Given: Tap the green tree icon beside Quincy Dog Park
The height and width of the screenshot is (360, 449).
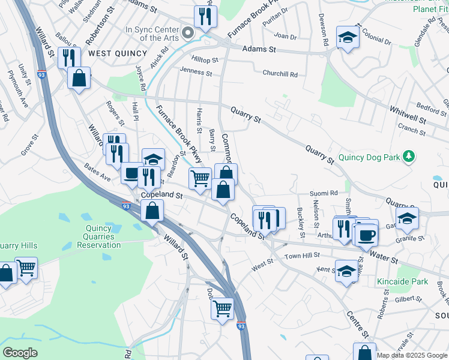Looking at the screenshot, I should pyautogui.click(x=409, y=157).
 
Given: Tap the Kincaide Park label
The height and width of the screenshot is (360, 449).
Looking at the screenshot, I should pyautogui.click(x=402, y=281).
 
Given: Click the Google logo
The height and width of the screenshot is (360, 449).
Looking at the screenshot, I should pyautogui.click(x=20, y=353).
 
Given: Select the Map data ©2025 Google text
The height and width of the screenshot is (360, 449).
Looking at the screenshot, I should pyautogui.click(x=412, y=355).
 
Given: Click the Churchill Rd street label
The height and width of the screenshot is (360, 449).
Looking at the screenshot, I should pyautogui.click(x=280, y=74).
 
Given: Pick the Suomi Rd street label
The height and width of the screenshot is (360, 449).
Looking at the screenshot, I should pyautogui.click(x=324, y=193).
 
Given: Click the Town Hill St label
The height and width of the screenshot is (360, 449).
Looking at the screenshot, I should pyautogui.click(x=302, y=256).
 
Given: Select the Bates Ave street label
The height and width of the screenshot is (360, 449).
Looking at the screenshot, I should pyautogui.click(x=97, y=171).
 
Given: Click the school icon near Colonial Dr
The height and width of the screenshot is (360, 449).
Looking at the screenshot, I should pyautogui.click(x=347, y=38).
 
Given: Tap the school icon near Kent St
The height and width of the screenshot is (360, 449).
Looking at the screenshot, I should pyautogui.click(x=346, y=272).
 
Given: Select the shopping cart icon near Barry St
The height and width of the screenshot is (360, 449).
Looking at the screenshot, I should pyautogui.click(x=200, y=178).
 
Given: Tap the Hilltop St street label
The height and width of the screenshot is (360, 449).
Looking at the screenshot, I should pyautogui.click(x=204, y=60).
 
